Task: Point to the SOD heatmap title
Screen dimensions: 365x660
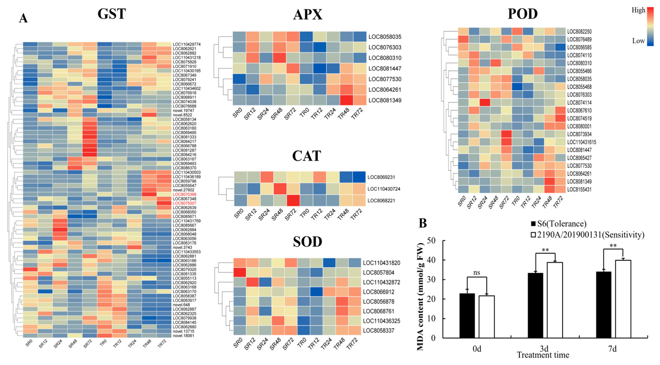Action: (307, 241)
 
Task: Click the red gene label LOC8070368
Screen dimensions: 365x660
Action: (184, 194)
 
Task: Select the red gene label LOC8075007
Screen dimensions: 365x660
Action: (184, 203)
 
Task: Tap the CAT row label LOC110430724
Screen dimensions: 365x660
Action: (384, 189)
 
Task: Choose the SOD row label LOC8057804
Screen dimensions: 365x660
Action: (378, 273)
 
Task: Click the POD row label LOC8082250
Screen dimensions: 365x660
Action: (579, 31)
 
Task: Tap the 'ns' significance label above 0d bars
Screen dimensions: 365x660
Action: (477, 272)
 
